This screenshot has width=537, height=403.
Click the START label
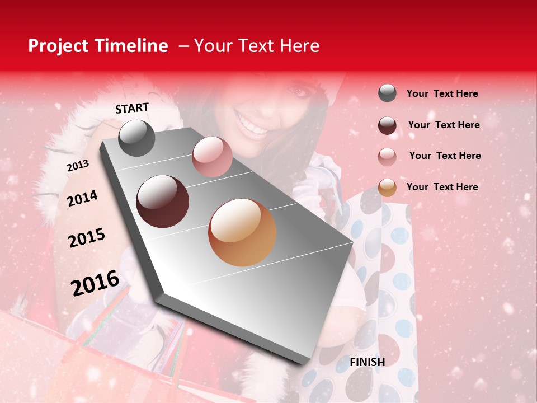point(132,108)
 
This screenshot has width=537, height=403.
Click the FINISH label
point(367,362)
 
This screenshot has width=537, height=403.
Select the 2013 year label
point(78,165)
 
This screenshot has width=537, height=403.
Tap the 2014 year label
point(82,198)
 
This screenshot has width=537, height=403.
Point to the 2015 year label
point(86,238)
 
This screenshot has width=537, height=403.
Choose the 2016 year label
point(95,283)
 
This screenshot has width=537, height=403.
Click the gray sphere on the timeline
point(137,138)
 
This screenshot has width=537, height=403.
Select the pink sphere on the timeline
point(212,157)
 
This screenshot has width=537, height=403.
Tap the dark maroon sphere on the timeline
point(163,201)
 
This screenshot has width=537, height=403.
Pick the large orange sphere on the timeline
point(242,232)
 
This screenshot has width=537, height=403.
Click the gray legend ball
point(387,93)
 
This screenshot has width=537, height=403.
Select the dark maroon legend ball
point(387,125)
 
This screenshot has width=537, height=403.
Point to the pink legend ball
point(387,157)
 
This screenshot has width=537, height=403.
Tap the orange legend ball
point(387,188)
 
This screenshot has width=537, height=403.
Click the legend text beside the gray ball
point(442,93)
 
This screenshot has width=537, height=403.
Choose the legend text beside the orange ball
point(442,187)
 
